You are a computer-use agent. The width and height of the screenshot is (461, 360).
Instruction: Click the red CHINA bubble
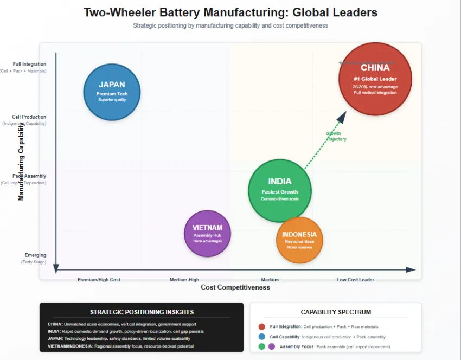click(x=375, y=79)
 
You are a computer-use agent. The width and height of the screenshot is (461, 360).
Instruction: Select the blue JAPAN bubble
click(x=112, y=92)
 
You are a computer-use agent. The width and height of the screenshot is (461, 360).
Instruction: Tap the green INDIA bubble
click(x=280, y=190)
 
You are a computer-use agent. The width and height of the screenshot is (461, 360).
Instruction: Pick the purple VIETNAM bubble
click(x=208, y=234)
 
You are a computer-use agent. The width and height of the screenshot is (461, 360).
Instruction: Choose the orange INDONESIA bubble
click(x=299, y=240)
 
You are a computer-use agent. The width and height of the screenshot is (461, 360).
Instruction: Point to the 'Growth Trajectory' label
click(x=336, y=136)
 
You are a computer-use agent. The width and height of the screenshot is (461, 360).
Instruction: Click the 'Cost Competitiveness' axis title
click(x=235, y=287)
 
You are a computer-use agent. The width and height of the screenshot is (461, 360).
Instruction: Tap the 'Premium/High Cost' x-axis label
click(x=99, y=280)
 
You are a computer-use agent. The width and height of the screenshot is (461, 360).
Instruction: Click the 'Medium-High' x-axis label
click(x=184, y=280)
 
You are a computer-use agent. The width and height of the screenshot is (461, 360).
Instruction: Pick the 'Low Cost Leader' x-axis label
click(x=355, y=280)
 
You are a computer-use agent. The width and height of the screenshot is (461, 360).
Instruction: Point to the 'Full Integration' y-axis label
click(x=29, y=64)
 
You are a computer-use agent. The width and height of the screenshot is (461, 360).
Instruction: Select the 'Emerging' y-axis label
click(x=35, y=255)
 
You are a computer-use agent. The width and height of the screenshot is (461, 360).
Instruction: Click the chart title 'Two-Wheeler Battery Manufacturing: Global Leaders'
click(x=230, y=12)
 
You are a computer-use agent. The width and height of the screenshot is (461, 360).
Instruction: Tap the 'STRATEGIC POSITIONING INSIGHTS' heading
click(x=142, y=312)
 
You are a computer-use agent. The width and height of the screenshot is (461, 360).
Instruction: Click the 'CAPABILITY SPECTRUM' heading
click(x=336, y=312)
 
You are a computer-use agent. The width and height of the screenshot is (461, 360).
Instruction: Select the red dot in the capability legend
click(x=262, y=326)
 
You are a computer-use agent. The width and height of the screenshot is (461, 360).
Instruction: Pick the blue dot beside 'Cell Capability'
click(x=262, y=336)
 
